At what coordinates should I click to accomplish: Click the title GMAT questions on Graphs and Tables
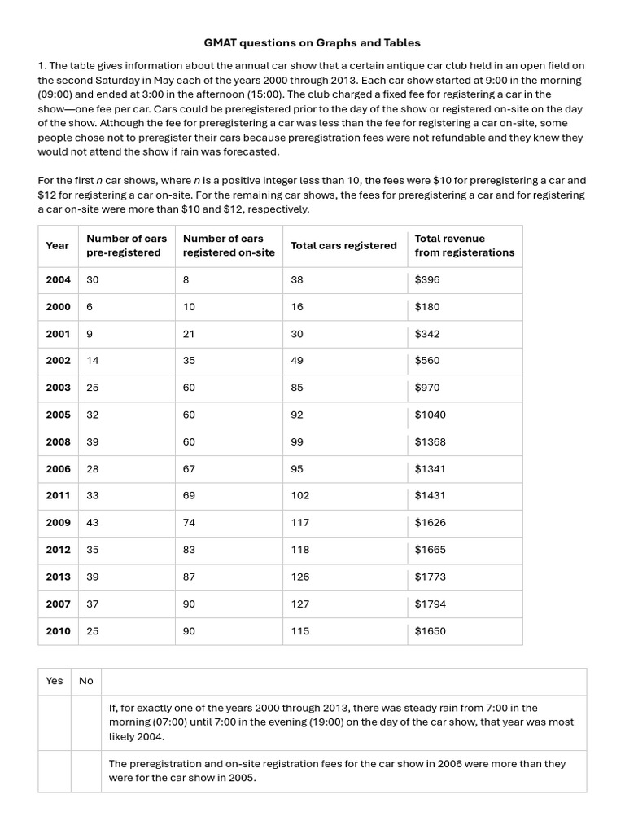[312, 42]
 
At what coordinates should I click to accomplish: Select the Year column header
[58, 245]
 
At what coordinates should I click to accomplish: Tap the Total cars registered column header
[343, 245]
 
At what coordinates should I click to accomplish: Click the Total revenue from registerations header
[464, 245]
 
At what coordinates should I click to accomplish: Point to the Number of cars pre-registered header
[126, 245]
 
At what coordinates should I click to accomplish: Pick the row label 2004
[58, 279]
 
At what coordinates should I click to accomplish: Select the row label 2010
[58, 631]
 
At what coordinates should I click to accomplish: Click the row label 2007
[58, 604]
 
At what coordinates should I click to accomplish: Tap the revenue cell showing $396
[426, 279]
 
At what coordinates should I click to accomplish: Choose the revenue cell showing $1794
[430, 604]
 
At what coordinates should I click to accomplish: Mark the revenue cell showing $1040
[430, 415]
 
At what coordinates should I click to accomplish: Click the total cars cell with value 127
[299, 604]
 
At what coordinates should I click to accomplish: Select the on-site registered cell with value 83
[189, 550]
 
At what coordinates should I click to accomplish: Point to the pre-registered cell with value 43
[93, 523]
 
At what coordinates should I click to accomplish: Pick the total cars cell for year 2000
[297, 307]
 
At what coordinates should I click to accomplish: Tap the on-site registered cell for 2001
[189, 334]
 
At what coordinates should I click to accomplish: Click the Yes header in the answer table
[55, 681]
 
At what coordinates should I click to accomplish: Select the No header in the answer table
[86, 681]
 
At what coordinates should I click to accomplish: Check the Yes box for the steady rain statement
[55, 722]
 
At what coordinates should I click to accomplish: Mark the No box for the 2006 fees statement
[86, 771]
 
